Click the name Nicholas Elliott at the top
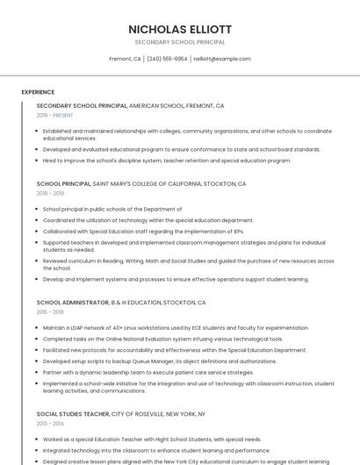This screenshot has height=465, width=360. tap(180, 29)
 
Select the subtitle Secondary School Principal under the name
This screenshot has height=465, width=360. tap(180, 42)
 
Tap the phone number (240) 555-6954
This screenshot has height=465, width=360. tap(167, 59)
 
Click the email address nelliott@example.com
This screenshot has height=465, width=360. tap(221, 59)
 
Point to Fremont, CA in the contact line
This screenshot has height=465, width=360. tap(125, 59)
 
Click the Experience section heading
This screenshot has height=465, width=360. tap(38, 92)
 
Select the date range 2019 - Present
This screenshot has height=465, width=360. tap(55, 115)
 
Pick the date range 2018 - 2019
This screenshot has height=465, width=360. tap(50, 193)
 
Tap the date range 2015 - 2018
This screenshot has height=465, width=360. tap(50, 311)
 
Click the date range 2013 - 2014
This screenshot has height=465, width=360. tap(50, 423)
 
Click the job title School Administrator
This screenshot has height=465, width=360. tap(72, 303)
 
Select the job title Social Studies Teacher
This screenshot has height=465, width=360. tap(73, 413)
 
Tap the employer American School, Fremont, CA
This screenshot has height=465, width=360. tap(176, 106)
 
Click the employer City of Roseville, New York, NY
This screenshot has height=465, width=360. tap(158, 413)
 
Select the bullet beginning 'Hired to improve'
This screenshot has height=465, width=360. tap(167, 161)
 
